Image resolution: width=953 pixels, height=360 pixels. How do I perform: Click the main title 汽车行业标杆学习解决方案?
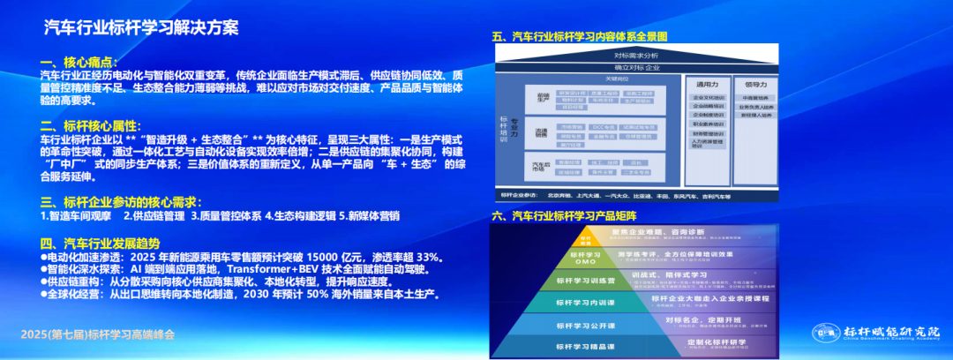(141, 26)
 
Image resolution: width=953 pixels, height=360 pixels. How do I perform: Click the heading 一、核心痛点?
(80, 62)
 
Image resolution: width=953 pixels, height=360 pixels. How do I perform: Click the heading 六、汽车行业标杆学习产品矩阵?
(564, 215)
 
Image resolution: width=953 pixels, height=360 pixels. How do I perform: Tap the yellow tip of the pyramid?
(585, 237)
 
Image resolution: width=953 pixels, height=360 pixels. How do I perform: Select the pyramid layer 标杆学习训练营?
(582, 281)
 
